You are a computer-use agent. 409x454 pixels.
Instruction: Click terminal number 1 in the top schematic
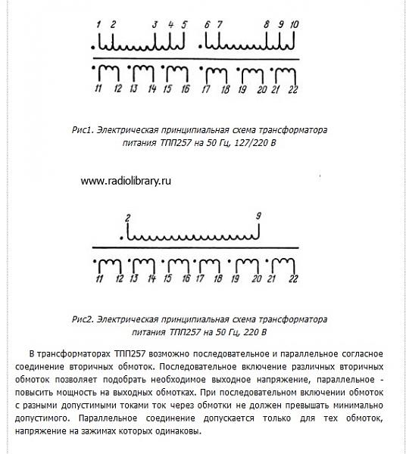pyautogui.click(x=98, y=25)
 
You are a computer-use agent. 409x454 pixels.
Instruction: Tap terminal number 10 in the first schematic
pyautogui.click(x=295, y=25)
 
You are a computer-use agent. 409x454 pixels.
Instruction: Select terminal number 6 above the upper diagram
pyautogui.click(x=207, y=25)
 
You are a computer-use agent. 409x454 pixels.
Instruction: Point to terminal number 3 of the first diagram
pyautogui.click(x=155, y=25)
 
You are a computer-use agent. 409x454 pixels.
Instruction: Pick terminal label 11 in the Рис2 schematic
pyautogui.click(x=99, y=280)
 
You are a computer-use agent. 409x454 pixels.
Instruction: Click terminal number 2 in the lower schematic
pyautogui.click(x=128, y=219)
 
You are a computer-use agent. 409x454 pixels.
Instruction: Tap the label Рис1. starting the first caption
pyautogui.click(x=80, y=130)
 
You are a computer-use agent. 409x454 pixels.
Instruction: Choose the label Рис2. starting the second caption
pyautogui.click(x=80, y=320)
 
